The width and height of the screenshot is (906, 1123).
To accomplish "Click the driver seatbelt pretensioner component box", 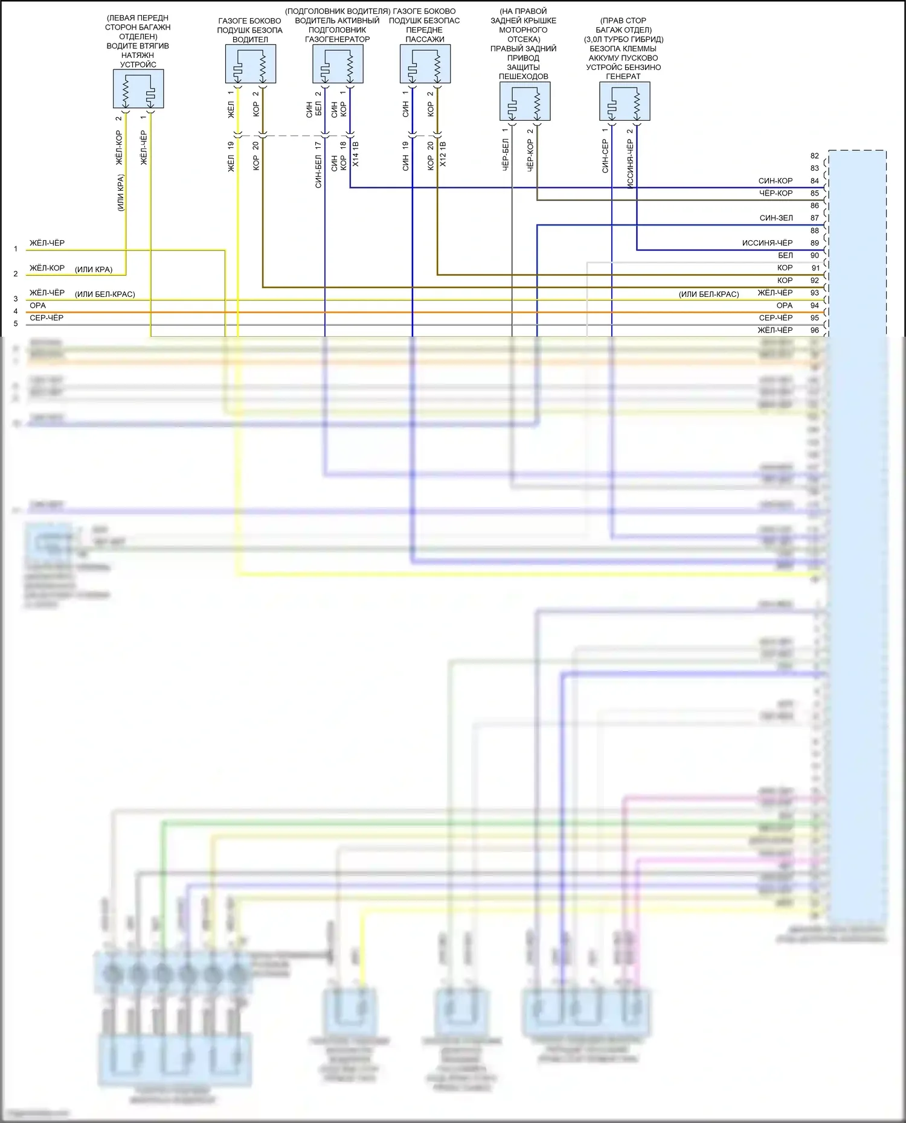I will point(138,89).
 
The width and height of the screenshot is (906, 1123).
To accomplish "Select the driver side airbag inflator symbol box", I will point(250,64).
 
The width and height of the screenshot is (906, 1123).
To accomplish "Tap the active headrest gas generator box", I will point(338,64).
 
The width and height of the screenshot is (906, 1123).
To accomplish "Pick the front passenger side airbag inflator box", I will point(425,64).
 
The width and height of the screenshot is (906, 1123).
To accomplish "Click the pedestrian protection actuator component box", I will point(524,101).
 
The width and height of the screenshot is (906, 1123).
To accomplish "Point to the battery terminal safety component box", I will point(625,101).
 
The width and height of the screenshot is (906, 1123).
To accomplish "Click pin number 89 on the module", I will point(815,243).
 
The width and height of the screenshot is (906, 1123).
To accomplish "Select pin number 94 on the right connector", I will point(815,305).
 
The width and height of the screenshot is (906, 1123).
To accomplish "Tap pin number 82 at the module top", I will point(815,156).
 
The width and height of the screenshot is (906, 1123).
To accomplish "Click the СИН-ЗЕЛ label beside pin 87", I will point(776,218).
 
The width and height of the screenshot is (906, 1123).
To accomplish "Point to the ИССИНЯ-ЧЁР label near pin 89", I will point(767,243).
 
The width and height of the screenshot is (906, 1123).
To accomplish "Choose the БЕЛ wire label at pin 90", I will point(785,255).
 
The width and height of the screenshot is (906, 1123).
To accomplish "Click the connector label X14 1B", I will point(356,154).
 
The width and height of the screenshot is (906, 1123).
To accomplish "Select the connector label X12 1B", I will point(443,154).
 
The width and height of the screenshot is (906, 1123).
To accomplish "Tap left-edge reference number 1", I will point(16,249).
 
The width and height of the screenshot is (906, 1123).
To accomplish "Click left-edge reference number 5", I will point(16,323).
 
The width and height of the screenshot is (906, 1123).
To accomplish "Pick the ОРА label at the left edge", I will point(37,305).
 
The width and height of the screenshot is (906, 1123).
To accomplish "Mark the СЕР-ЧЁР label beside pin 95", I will point(776,317).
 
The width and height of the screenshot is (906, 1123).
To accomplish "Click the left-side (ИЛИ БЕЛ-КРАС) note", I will point(104,294).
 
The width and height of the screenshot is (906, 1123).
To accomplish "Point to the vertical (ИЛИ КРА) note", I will point(120,192).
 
